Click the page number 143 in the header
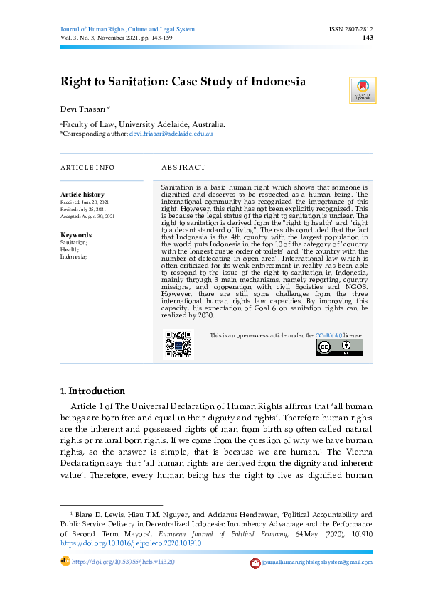point(368,38)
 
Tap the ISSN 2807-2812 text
point(350,29)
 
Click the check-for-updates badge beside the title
point(363,90)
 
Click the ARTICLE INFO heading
point(87,168)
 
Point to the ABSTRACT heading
point(183,168)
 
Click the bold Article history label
point(82,194)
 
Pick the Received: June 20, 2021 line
point(85,202)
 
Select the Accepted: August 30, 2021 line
point(87,216)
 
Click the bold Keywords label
point(76,235)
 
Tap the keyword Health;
point(70,249)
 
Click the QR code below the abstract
point(178,344)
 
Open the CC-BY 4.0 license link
point(329,335)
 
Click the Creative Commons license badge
point(339,347)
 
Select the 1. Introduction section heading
point(93,391)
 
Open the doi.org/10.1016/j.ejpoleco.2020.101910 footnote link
point(131,543)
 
